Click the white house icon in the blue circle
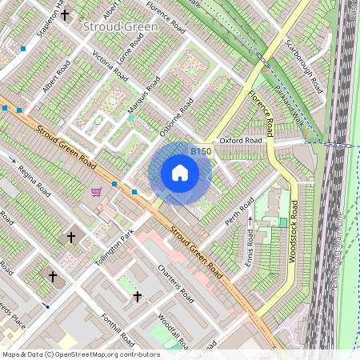coord(180,173)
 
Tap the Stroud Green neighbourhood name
coord(120,26)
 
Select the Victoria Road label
coord(110,67)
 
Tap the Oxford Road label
coord(241,140)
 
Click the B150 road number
coord(201,151)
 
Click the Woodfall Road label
coord(169,333)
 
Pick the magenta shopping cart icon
coord(97,192)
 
